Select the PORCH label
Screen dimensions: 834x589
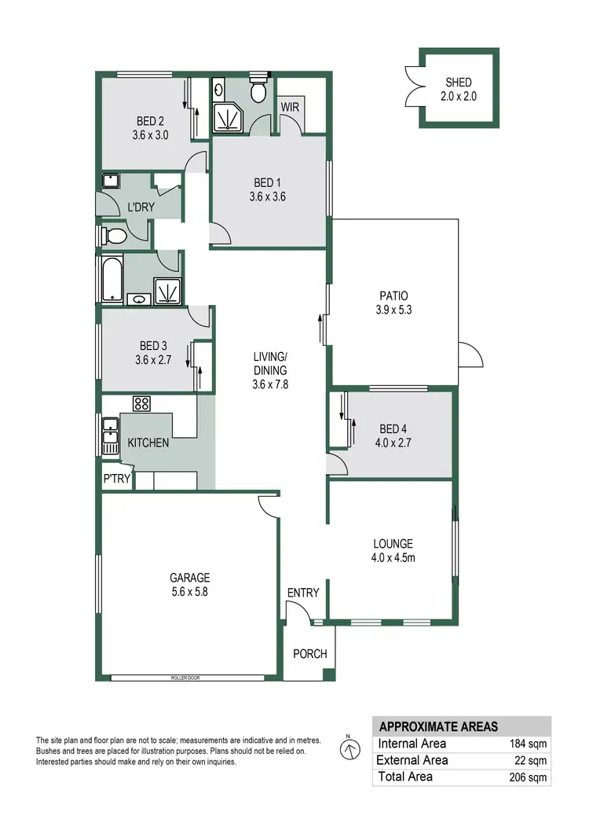coord(309,654)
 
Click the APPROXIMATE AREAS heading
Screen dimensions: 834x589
coord(438,726)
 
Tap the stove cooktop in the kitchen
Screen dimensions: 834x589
coord(142,404)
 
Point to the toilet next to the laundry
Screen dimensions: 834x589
coord(115,235)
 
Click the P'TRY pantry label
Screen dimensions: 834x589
coord(116,479)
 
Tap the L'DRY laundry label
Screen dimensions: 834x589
coord(141,208)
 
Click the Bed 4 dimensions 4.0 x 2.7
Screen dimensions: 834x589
coord(395,443)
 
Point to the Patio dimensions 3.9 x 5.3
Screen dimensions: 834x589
coord(393,310)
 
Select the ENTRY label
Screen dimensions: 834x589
coord(303,593)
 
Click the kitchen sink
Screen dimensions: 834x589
coord(109,437)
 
